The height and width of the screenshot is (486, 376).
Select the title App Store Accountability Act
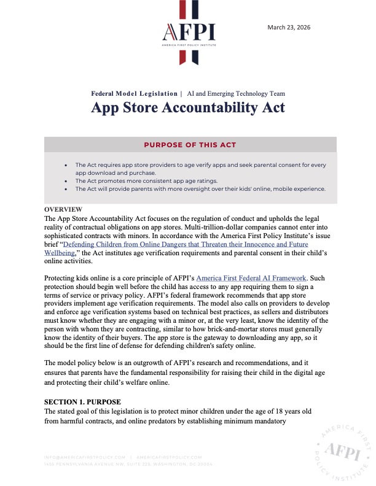(187, 107)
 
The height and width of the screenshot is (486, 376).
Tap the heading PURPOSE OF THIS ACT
(190, 145)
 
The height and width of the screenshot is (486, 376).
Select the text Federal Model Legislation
(134, 94)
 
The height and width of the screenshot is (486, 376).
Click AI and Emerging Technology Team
(236, 94)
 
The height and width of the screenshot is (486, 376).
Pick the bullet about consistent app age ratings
(160, 182)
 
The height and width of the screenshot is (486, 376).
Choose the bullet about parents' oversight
(200, 189)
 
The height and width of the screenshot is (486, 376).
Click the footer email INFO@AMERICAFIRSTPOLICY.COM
(85, 457)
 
